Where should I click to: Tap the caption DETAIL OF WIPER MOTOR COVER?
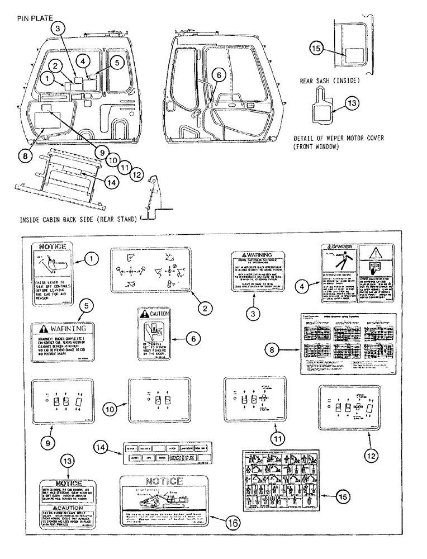(x=341, y=138)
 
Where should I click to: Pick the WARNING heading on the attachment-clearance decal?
(x=63, y=328)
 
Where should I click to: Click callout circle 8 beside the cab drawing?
(x=24, y=157)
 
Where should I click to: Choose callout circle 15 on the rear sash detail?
(x=316, y=49)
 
